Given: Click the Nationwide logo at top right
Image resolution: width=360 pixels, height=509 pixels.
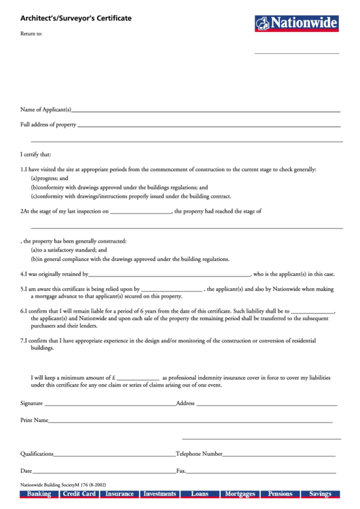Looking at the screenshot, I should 296,24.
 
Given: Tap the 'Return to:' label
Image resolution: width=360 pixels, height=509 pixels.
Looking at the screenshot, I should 31,33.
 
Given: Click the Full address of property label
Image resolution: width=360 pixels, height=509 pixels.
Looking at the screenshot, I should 48,125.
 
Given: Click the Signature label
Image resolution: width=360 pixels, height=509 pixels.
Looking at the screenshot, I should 32,403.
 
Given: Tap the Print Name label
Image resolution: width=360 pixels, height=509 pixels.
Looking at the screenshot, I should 34,421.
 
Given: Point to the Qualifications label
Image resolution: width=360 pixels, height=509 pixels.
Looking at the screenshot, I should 37,453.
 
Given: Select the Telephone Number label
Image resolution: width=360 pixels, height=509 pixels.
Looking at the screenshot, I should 199,453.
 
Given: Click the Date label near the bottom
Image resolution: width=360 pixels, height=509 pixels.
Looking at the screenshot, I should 26,470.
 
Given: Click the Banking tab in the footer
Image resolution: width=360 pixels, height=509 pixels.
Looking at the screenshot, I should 39,494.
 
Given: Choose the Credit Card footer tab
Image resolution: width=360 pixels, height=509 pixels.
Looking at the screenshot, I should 79,494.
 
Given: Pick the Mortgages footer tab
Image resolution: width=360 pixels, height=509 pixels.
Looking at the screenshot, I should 240,494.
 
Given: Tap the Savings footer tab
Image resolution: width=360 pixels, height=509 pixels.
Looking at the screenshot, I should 320,494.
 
